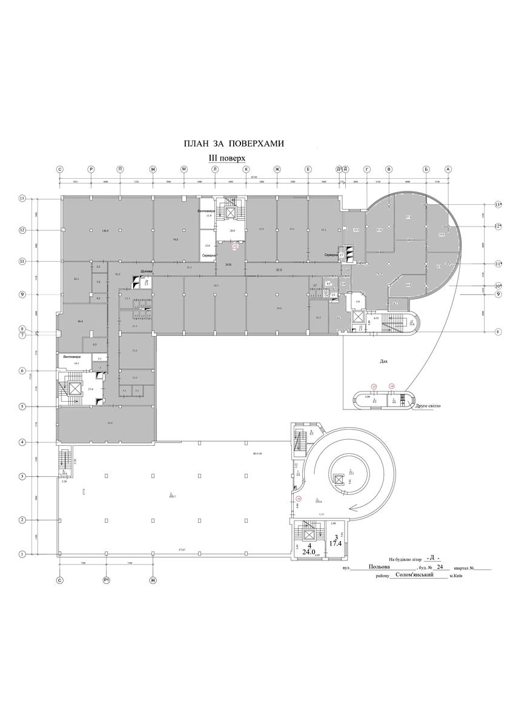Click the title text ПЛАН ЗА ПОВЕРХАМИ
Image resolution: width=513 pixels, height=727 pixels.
click(234, 144)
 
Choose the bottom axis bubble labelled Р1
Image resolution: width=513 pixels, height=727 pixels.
click(106, 580)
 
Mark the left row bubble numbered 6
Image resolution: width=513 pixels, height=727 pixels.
click(22, 371)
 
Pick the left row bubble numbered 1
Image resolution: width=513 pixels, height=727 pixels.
click(22, 553)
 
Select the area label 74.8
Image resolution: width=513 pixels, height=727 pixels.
click(175, 240)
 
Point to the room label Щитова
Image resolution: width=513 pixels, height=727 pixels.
click(146, 271)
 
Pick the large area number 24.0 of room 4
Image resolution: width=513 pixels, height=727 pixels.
click(309, 553)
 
